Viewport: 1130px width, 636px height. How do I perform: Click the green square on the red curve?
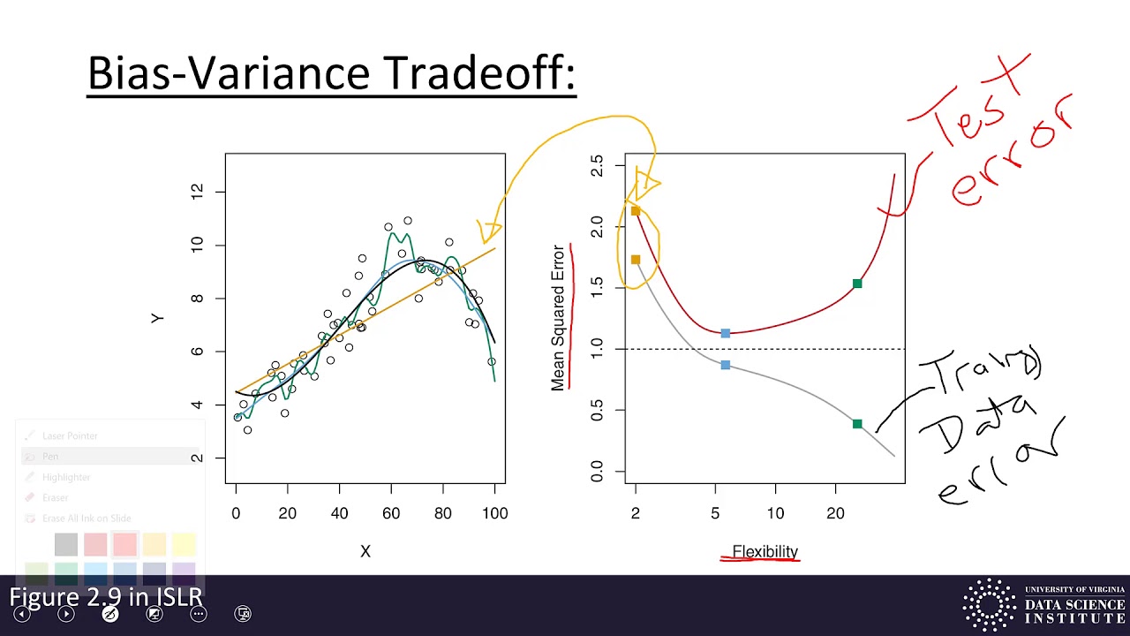(x=857, y=284)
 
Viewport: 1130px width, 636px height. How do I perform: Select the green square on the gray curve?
(x=857, y=424)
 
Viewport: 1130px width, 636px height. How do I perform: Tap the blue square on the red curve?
(x=726, y=333)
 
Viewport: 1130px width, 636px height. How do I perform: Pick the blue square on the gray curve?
(x=726, y=365)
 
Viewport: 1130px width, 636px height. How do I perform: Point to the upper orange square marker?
(x=636, y=211)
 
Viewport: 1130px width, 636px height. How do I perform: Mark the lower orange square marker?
(x=636, y=260)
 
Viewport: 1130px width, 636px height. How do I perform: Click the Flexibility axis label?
(x=765, y=551)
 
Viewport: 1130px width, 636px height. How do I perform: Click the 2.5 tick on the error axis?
(x=597, y=166)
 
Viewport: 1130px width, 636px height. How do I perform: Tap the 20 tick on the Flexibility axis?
(x=835, y=512)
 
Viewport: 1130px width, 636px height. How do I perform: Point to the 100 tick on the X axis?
(x=494, y=512)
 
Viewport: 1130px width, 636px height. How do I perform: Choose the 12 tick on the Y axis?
(x=196, y=191)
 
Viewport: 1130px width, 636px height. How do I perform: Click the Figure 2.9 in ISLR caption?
(x=106, y=596)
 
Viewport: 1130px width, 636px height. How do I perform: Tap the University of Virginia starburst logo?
(x=989, y=605)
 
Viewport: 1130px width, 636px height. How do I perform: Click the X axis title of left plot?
(x=365, y=551)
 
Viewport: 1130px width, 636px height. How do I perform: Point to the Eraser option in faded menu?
(x=55, y=497)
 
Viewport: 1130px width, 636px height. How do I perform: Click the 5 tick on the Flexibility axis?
(x=715, y=512)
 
